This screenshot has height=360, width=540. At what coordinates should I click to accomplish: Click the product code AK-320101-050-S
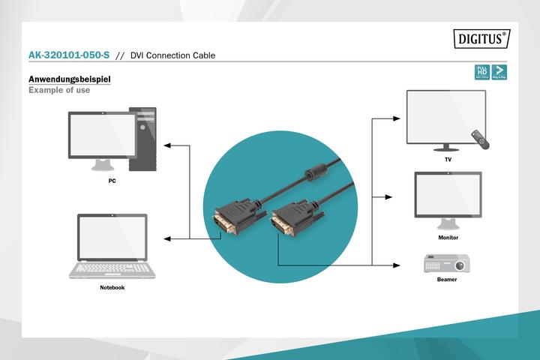tap(68, 55)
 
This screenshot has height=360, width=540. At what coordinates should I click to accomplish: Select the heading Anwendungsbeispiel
tap(69, 79)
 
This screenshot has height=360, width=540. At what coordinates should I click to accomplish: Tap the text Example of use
tap(58, 90)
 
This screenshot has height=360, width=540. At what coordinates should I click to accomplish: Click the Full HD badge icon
tap(481, 72)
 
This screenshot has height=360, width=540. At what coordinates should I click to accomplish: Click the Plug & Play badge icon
tap(498, 72)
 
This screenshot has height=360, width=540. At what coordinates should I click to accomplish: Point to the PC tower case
tap(142, 139)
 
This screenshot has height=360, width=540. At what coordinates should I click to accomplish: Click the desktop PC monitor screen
tap(98, 136)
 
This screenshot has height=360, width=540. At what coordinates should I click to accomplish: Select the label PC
tap(112, 181)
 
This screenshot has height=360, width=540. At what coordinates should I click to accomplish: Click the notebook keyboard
tap(112, 268)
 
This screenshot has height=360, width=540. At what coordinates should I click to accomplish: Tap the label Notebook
tap(112, 287)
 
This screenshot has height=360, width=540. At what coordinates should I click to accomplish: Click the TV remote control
tap(480, 139)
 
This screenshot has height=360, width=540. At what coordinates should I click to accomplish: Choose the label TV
tap(447, 160)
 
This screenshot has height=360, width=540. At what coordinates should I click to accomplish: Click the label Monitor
tap(448, 237)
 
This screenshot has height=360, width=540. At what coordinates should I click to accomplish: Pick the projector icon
tap(447, 262)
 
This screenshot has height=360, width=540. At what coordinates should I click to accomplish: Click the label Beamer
tap(447, 280)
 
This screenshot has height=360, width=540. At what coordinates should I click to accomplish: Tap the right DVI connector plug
tap(289, 220)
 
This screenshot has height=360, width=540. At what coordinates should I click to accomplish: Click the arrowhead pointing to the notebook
tap(169, 238)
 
